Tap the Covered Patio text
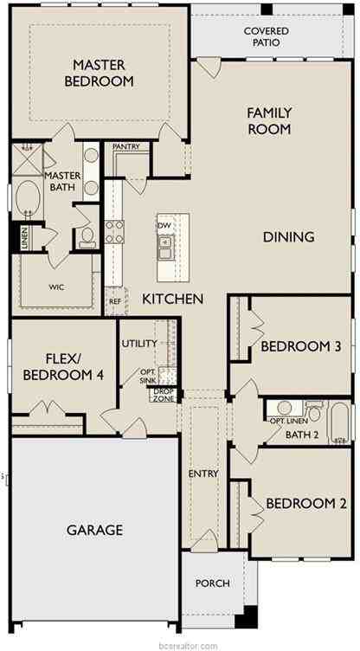click(266, 36)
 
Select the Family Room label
click(268, 121)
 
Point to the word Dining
click(288, 236)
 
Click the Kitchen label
click(173, 299)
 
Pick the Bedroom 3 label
click(300, 346)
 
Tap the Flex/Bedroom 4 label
click(62, 366)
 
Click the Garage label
click(94, 530)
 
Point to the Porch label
click(211, 583)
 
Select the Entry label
click(202, 474)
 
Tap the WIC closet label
click(57, 287)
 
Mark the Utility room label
click(139, 344)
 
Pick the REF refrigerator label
click(114, 301)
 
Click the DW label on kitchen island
click(164, 225)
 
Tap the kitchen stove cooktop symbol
click(114, 230)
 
